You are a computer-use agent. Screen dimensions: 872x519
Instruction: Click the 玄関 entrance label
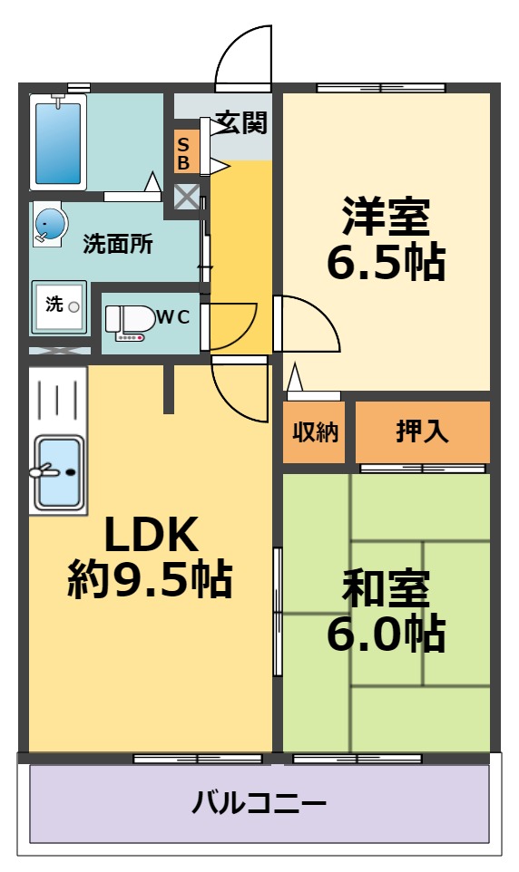[240, 121]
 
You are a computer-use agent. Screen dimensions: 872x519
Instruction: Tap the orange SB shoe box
[183, 153]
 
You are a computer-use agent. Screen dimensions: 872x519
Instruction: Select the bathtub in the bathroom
[58, 142]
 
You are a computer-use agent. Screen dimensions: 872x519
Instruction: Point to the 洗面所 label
[118, 244]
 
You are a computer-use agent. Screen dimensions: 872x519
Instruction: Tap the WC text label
[173, 316]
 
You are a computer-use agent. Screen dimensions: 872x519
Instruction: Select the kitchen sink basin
[58, 472]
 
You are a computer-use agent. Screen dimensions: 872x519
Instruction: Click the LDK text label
[150, 536]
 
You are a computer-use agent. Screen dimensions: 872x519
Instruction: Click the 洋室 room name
[386, 218]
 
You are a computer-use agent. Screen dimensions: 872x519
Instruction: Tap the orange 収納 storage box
[315, 431]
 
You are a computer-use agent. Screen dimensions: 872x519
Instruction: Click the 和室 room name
[386, 590]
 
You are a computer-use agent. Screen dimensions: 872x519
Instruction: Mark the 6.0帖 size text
[386, 634]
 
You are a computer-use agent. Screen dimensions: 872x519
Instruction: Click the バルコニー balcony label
[259, 803]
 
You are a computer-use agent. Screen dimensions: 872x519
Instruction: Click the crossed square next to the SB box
[186, 198]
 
